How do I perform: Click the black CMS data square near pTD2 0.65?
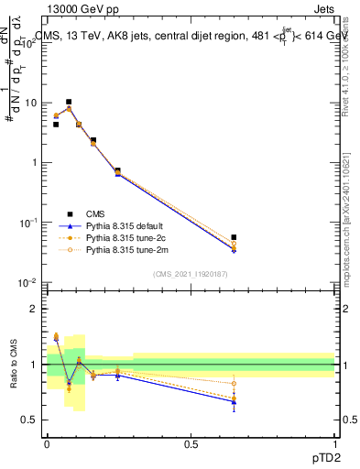tap(235, 237)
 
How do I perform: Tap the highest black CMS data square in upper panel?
tap(69, 102)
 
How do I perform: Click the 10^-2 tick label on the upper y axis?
tap(29, 283)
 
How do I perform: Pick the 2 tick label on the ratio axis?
tap(35, 309)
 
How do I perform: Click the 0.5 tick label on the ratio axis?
tap(30, 420)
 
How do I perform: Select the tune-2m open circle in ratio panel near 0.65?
tap(235, 384)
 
